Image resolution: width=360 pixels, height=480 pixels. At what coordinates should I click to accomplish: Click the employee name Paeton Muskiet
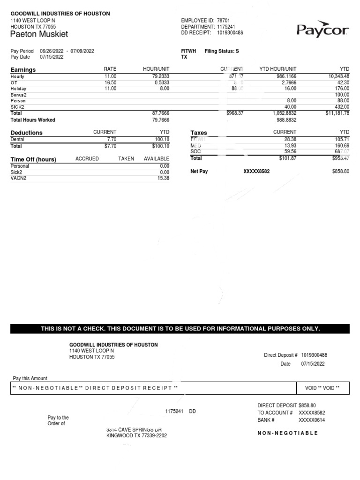[39, 34]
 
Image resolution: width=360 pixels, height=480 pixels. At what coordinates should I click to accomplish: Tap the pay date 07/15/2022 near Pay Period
[52, 57]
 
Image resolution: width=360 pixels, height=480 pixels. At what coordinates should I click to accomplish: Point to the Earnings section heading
[23, 70]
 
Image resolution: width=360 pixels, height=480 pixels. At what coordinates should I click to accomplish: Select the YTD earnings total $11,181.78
[334, 113]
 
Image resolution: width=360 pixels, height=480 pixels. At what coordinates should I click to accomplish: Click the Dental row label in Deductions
[17, 139]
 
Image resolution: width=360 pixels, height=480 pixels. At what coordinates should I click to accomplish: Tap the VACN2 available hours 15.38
[164, 179]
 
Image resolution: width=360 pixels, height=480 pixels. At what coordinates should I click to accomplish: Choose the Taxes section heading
[199, 133]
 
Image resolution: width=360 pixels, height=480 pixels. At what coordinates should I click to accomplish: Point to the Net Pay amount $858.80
[341, 172]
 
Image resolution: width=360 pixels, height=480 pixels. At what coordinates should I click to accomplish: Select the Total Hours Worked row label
[33, 120]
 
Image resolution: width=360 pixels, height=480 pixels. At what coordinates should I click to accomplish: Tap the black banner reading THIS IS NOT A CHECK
[180, 329]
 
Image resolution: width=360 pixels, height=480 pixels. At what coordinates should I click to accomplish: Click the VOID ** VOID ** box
[322, 388]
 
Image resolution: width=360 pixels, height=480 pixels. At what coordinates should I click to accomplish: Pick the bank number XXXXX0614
[312, 420]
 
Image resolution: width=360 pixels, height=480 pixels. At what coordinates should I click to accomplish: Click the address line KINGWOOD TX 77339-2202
[136, 435]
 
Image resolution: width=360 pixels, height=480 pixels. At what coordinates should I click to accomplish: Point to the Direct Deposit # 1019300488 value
[314, 355]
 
